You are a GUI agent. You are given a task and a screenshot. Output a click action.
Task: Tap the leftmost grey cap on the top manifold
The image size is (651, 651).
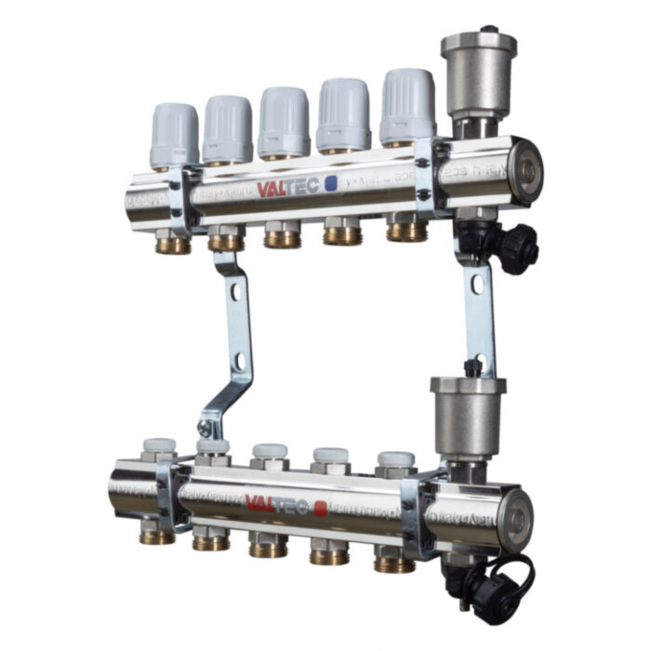(x=174, y=135)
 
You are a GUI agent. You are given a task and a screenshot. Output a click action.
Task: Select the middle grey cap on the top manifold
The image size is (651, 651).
(x=284, y=121)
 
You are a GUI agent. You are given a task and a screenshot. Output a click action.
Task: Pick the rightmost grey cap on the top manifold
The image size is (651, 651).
(x=407, y=104)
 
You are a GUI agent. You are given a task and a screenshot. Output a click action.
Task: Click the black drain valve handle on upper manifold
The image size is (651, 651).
(x=515, y=246)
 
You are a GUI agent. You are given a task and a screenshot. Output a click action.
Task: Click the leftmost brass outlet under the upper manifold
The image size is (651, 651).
(x=173, y=245)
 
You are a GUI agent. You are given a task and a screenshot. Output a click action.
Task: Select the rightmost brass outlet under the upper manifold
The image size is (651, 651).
(x=406, y=230)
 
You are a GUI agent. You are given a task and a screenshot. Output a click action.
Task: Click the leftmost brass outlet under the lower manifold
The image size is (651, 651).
(x=156, y=536)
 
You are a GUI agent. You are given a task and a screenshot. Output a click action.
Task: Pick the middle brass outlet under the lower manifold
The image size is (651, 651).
(x=268, y=548)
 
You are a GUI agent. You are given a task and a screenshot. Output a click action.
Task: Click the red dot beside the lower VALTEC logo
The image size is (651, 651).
(x=321, y=508)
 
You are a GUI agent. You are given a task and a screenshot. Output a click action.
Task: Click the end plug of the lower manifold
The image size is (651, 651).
(x=524, y=512)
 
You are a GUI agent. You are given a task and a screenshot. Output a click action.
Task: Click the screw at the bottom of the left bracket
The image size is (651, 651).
(x=204, y=429)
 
